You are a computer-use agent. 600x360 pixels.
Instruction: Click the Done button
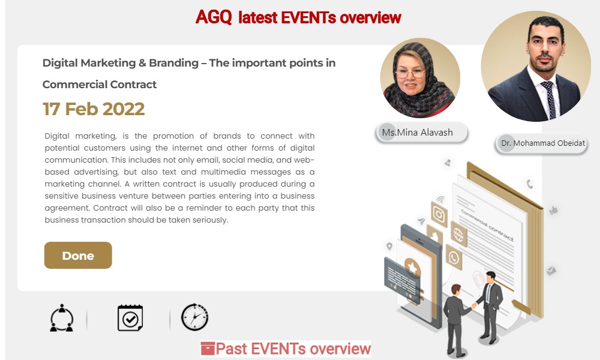tap(78, 255)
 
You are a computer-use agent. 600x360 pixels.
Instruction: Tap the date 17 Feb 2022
tap(94, 109)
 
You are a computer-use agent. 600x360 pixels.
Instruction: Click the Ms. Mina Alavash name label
tap(422, 133)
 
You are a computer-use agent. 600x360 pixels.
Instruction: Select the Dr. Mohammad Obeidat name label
tap(541, 143)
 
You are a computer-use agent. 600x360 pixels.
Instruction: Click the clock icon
tap(195, 317)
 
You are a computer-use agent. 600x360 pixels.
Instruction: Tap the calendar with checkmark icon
tap(130, 317)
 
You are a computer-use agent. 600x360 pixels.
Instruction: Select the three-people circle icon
tap(62, 318)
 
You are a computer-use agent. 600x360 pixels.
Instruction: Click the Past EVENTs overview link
tap(293, 349)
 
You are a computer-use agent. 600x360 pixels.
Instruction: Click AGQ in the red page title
tap(214, 17)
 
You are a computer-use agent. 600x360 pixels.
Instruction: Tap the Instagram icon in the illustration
tap(439, 215)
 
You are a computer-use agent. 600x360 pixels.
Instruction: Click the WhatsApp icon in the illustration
tap(454, 257)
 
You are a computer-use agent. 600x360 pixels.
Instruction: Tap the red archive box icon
tap(208, 349)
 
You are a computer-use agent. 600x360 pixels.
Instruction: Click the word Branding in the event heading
tap(174, 63)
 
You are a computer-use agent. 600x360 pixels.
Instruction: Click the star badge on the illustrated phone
tap(413, 268)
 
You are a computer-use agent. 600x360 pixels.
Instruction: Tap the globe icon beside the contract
tap(458, 234)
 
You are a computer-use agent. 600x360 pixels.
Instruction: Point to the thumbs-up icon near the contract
tap(553, 210)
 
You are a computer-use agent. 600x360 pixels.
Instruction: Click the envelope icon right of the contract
tap(551, 271)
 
